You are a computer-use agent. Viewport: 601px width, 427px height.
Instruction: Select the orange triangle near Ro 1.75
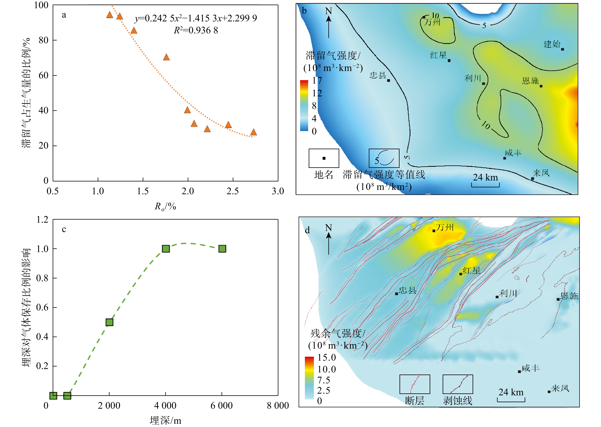166,57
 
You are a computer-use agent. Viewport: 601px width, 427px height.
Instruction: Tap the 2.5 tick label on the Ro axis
233,191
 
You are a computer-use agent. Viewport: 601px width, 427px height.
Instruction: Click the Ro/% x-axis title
165,207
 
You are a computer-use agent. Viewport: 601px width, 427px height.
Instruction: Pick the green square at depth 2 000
109,322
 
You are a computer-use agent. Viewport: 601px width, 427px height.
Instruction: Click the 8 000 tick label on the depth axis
278,406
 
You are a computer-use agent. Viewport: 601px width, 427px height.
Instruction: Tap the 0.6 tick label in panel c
42,307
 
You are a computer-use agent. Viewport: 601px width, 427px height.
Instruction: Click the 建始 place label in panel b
552,44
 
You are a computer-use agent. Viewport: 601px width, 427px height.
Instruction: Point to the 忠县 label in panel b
378,76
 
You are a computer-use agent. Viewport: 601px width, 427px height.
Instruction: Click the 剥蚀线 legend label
458,401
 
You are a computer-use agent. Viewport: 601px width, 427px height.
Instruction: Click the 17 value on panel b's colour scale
317,81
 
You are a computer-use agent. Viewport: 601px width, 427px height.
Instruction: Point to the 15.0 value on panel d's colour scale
326,358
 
